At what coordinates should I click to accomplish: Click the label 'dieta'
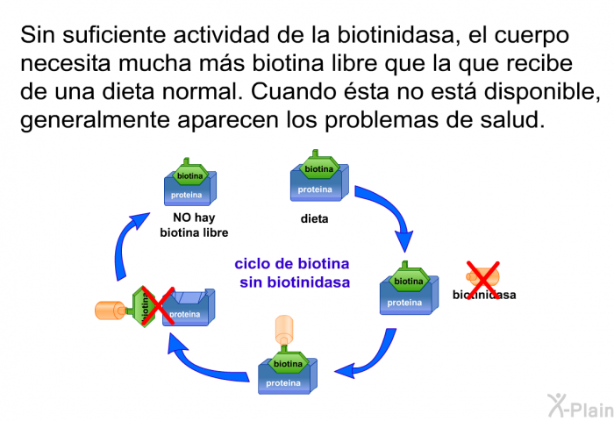click(314, 219)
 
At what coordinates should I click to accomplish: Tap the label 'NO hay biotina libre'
click(194, 225)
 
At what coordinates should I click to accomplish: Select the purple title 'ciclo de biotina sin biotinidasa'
click(294, 273)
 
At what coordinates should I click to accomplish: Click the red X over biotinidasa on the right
click(482, 277)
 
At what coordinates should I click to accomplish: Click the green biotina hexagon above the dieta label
click(319, 168)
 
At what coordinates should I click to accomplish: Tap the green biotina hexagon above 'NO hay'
click(190, 175)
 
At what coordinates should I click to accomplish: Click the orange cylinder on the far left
click(111, 310)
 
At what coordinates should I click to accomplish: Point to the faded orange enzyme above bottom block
click(286, 330)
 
